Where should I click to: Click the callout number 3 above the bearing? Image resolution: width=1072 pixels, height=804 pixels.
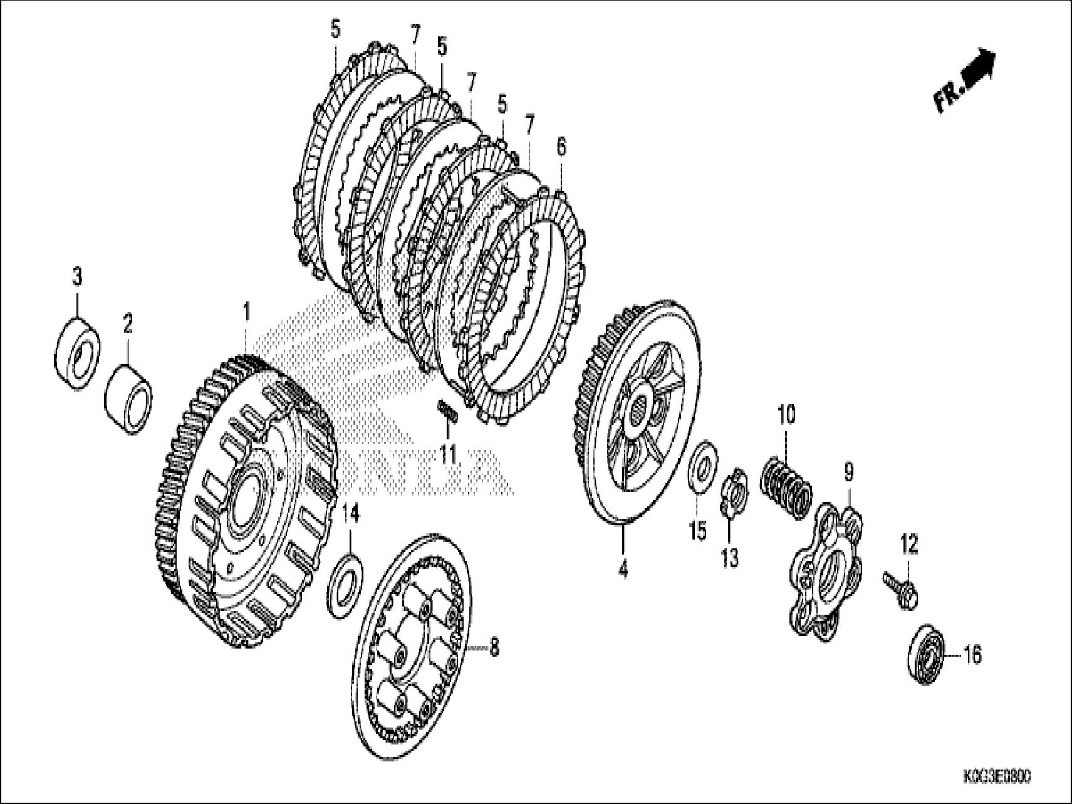pos(77,276)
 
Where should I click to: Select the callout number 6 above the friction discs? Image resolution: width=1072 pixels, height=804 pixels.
pos(561,148)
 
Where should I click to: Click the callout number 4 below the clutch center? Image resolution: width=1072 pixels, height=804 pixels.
pos(623,569)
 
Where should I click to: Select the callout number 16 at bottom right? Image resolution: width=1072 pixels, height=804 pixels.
pos(972,655)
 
